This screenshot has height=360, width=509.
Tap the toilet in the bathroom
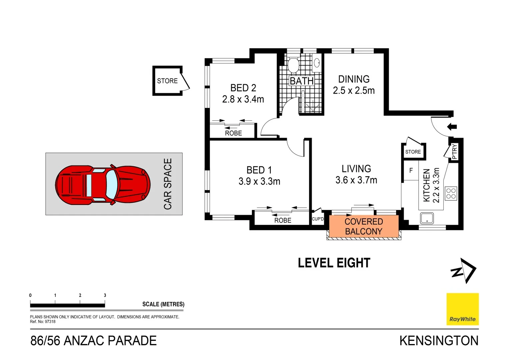click(293, 65)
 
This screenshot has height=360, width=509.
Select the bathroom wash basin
click(317, 62)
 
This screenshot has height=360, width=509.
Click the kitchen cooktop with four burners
click(451, 193)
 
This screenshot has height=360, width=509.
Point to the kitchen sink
click(427, 218)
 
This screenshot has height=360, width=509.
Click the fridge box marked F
click(411, 170)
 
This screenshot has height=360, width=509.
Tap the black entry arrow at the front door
click(452, 127)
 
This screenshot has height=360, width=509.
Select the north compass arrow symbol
click(463, 271)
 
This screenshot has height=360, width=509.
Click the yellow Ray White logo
click(462, 309)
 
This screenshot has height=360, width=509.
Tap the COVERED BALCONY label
click(363, 227)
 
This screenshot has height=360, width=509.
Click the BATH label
click(301, 81)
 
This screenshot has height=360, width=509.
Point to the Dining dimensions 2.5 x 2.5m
click(354, 91)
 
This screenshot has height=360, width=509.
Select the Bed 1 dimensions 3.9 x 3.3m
click(259, 181)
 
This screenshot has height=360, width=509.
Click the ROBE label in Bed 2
click(233, 133)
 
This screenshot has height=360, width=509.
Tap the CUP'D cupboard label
click(317, 219)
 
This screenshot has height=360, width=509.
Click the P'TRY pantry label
click(454, 152)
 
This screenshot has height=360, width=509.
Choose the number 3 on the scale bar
click(105, 295)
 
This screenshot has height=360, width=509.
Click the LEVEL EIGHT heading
click(334, 263)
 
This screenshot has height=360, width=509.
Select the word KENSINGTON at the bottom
click(439, 341)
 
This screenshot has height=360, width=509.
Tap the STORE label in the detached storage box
click(167, 81)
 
